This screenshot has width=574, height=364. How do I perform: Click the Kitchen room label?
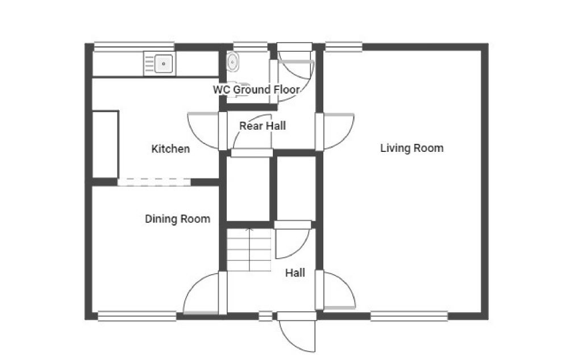[170, 148]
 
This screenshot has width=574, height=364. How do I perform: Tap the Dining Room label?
[177, 218]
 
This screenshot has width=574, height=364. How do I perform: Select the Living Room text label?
[412, 148]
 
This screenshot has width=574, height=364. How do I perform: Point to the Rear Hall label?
[263, 126]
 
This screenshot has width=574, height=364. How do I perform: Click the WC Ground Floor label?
[256, 89]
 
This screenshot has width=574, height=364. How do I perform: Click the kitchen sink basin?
[163, 64]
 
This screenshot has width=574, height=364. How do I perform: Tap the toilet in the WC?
[233, 61]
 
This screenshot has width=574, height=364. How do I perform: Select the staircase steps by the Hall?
[249, 249]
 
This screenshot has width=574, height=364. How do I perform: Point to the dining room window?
[137, 316]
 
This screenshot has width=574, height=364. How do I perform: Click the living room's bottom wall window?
[409, 316]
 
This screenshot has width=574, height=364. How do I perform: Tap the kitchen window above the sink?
[134, 47]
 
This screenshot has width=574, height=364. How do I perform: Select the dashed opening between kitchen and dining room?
[154, 182]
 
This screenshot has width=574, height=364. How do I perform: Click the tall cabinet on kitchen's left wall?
[106, 144]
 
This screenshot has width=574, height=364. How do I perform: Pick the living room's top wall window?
[344, 47]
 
